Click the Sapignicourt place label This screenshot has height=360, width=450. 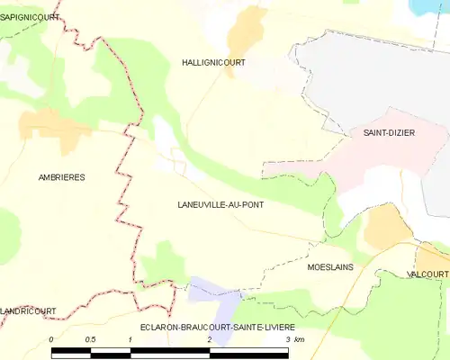point(30,17)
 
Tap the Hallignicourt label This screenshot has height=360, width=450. point(213,62)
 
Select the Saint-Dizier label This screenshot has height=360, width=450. point(388,132)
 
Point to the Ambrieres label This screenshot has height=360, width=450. point(62,177)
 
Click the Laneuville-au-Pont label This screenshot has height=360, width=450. point(221,204)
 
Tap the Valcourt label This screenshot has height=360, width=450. point(427,274)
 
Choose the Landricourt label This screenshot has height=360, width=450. point(28,310)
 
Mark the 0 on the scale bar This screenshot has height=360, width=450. point(52,339)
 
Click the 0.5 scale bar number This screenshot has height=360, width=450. point(90,339)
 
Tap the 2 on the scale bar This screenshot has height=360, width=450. point(209,339)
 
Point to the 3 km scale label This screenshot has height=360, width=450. point(295,339)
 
